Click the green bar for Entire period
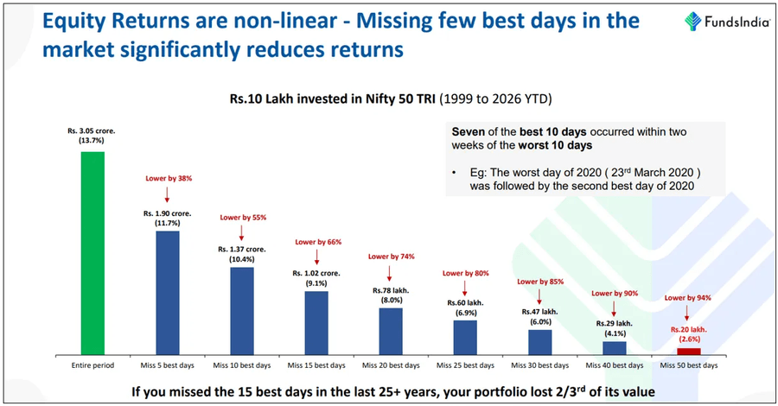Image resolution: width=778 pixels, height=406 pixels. (92, 252)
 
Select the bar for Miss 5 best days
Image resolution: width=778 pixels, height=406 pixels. (167, 292)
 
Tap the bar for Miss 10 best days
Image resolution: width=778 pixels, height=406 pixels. (241, 310)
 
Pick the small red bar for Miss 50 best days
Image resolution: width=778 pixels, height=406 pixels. (688, 351)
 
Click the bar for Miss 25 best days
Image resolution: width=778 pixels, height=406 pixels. (465, 337)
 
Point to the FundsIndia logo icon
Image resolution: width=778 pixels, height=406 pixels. (692, 20)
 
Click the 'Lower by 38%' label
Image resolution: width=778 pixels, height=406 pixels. (167, 178)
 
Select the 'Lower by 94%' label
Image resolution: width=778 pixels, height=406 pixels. (687, 298)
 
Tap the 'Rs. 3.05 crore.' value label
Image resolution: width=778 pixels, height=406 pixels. (92, 130)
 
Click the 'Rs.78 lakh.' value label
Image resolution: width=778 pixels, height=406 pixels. (390, 290)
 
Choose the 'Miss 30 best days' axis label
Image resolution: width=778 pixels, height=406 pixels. (539, 366)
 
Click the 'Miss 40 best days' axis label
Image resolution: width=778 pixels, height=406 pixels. (614, 366)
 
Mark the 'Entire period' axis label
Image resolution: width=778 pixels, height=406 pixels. (92, 366)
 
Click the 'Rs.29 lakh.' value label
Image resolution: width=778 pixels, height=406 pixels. (613, 323)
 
